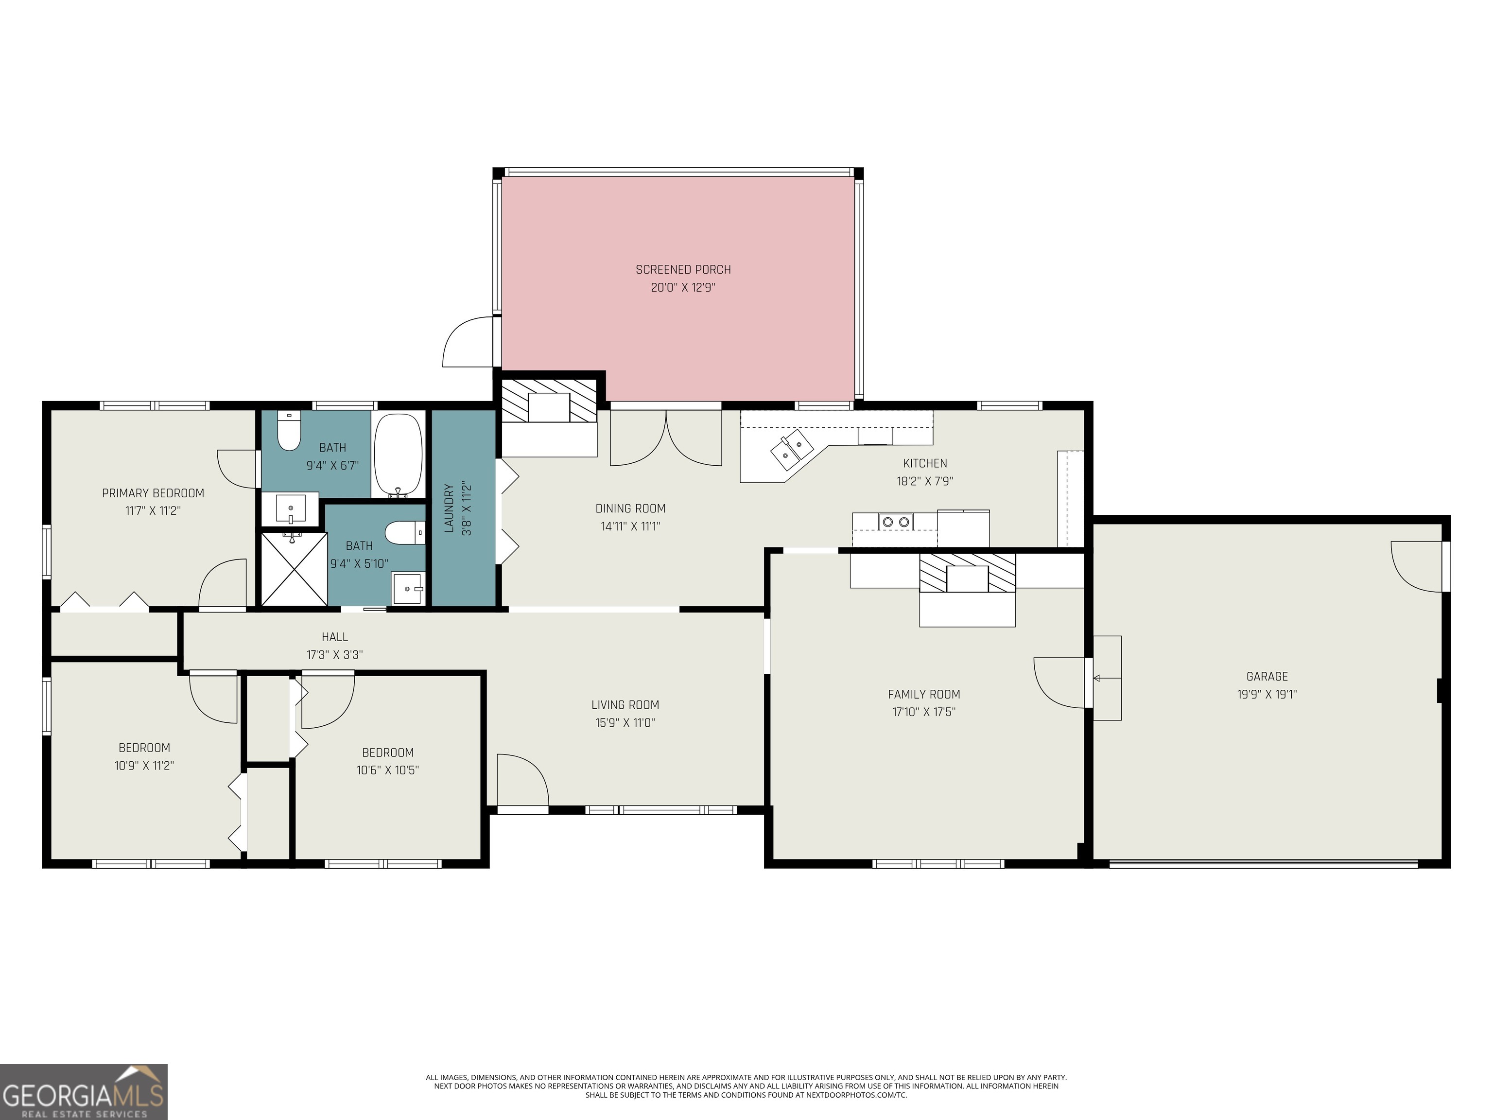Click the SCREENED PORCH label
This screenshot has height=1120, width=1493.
point(683,269)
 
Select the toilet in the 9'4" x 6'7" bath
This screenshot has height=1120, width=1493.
point(289,432)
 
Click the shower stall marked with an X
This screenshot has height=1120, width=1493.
point(295,568)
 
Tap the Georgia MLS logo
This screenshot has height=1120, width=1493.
point(83,1092)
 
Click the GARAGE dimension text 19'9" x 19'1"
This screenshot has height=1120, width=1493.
point(1267,694)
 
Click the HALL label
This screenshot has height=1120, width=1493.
point(335,637)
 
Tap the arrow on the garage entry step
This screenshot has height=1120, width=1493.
point(1097,678)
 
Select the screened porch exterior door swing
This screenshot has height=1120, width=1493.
point(468,343)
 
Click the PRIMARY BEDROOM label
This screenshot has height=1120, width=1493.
point(153,493)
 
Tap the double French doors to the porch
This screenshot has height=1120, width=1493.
point(666,439)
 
